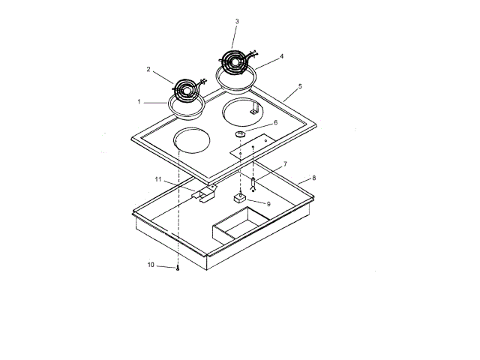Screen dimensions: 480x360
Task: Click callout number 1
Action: click(x=139, y=102)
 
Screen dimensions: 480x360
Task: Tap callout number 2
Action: click(x=148, y=70)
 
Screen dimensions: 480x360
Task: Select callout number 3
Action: click(x=237, y=22)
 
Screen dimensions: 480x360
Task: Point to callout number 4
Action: click(x=282, y=56)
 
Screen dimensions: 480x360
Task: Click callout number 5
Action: click(x=300, y=86)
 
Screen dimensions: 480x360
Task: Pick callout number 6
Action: click(x=275, y=122)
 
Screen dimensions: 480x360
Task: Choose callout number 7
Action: click(x=285, y=164)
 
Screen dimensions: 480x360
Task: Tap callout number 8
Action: click(x=313, y=178)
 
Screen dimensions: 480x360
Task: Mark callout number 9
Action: click(x=268, y=204)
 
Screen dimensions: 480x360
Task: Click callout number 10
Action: click(x=151, y=265)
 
